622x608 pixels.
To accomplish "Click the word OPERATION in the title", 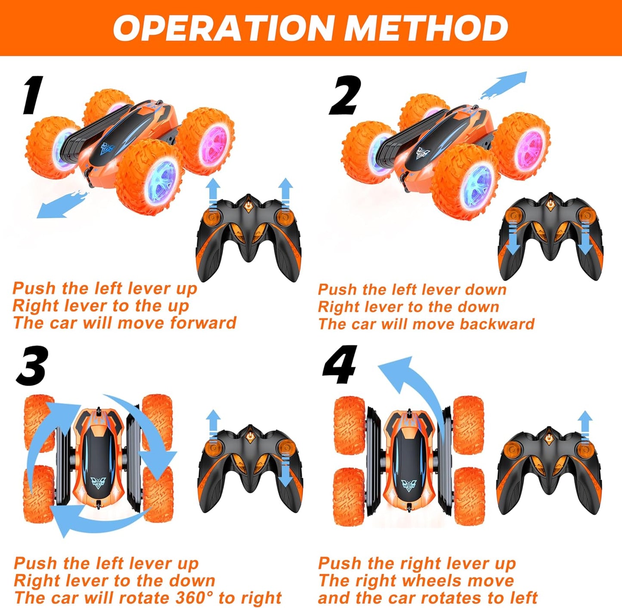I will tap(223, 28).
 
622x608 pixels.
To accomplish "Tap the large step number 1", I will tap(33, 95).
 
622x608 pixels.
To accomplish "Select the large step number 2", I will tap(345, 95).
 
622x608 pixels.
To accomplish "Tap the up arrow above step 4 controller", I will tap(585, 426).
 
